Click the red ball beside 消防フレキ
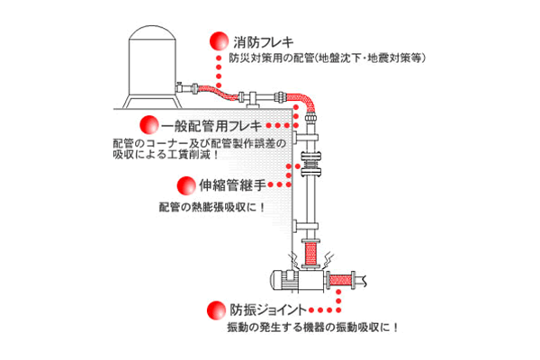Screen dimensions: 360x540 (217, 41)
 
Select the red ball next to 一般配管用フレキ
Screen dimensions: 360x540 (146, 125)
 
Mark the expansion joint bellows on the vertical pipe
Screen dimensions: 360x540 (310, 167)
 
